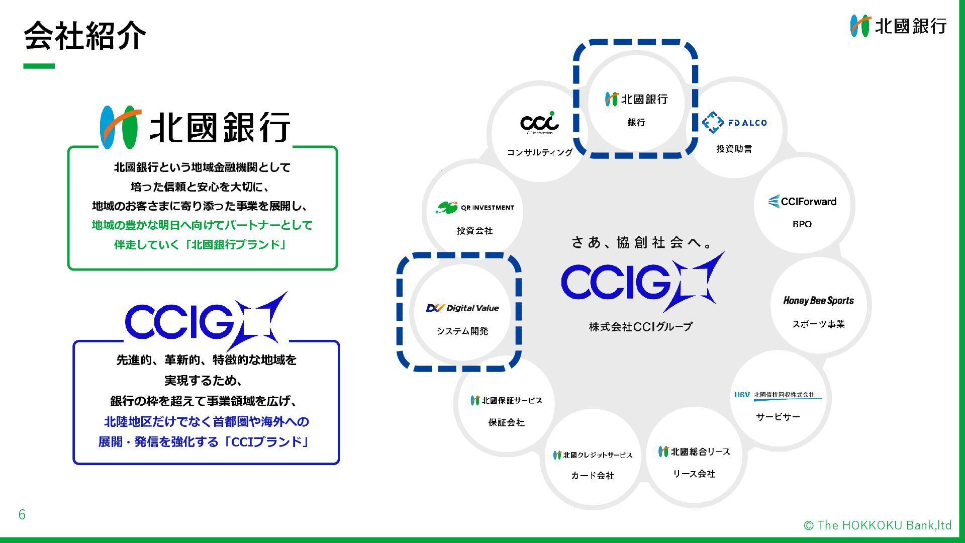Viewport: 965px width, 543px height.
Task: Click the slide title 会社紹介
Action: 84,36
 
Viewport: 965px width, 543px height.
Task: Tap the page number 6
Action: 22,514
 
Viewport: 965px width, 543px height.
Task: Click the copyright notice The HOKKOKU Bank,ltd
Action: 878,525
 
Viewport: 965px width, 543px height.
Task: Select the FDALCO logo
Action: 734,122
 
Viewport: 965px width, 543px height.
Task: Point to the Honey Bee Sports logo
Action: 818,301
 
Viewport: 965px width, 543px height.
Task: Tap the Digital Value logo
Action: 462,308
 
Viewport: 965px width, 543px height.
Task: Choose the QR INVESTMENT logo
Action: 475,207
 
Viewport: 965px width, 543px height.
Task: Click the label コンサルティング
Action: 539,152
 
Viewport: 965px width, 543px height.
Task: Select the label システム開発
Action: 462,331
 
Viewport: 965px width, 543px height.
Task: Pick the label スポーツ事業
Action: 818,324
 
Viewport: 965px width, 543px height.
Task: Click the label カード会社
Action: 593,476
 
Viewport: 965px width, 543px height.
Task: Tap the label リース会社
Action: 694,474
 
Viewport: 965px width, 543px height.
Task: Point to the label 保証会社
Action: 506,423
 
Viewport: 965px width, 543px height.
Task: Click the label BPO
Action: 802,224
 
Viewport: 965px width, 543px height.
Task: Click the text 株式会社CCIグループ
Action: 640,327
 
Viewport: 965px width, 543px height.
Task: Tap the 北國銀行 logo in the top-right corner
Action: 898,26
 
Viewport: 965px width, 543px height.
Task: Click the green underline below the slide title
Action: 39,66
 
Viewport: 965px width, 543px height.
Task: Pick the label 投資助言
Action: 734,149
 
